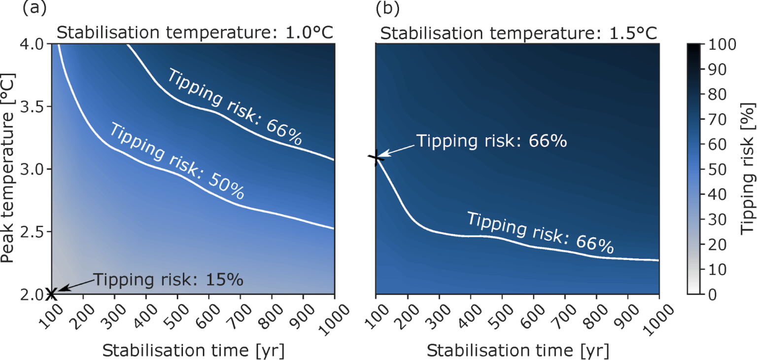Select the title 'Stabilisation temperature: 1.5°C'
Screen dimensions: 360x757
click(x=519, y=33)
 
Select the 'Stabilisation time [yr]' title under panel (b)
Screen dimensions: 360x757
click(x=517, y=351)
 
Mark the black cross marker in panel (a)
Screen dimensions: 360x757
click(x=52, y=294)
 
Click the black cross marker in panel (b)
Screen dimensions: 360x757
click(x=376, y=158)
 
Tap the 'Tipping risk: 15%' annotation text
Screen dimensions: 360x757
click(x=168, y=280)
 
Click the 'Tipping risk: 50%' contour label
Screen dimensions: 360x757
click(x=176, y=161)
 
